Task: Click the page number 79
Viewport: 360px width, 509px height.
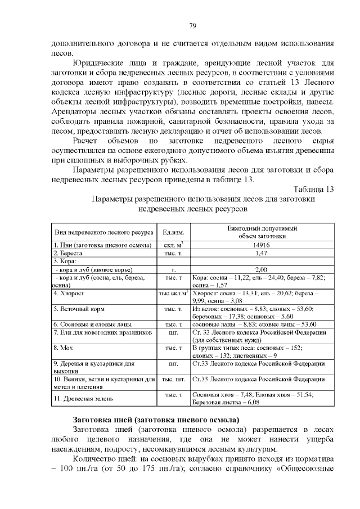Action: click(x=192, y=26)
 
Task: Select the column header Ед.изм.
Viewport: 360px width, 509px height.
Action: click(x=173, y=233)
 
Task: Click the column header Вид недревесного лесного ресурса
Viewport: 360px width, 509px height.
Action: click(x=103, y=233)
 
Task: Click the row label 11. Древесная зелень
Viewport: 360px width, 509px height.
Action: click(x=84, y=399)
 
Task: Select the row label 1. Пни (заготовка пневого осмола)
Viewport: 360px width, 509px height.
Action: click(x=102, y=245)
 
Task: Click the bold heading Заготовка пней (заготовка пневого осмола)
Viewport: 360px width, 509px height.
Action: click(x=156, y=420)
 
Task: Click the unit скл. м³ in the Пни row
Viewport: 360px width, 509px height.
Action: click(x=174, y=245)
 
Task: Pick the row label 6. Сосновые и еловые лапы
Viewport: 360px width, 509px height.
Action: click(x=92, y=325)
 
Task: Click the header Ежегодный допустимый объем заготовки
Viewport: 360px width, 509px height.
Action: click(x=262, y=232)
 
